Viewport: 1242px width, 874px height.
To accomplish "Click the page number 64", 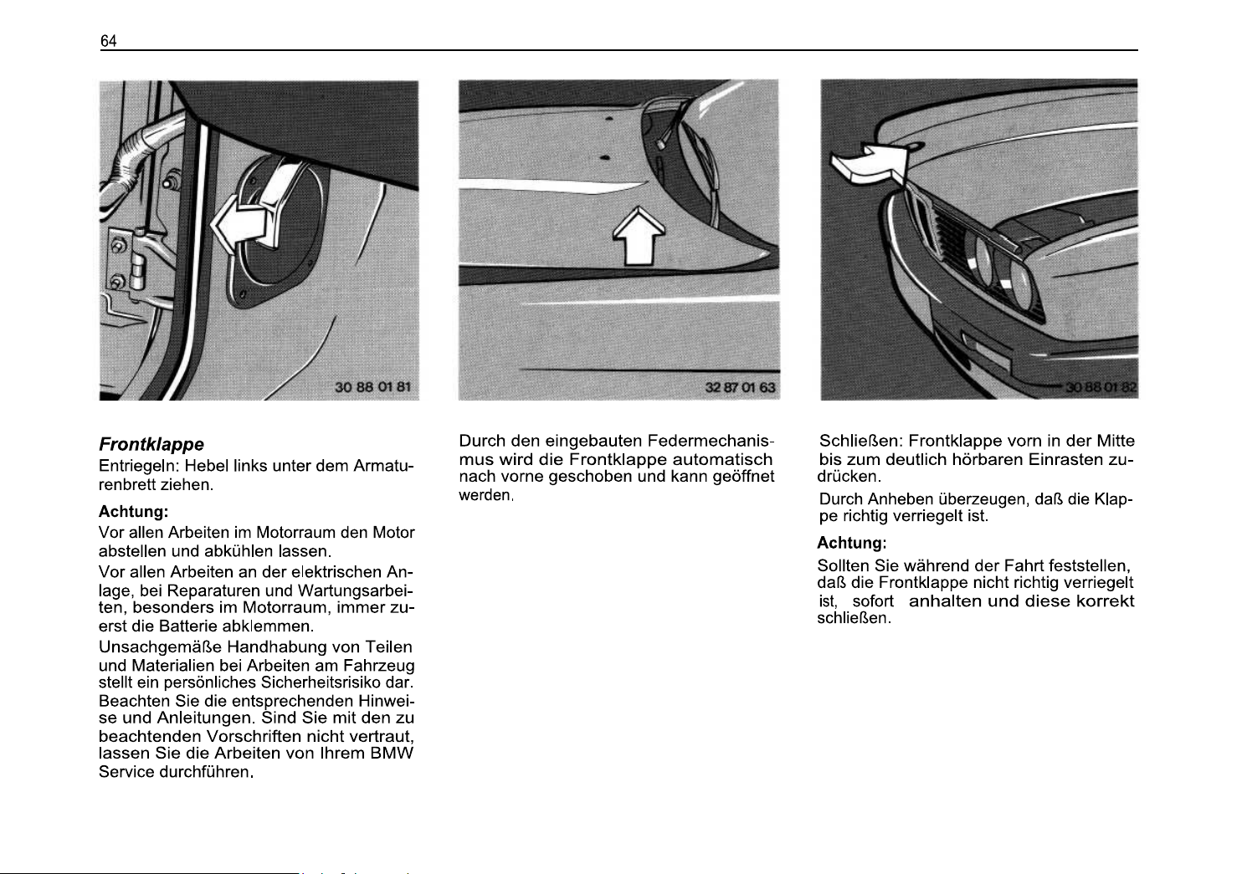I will pos(109,41).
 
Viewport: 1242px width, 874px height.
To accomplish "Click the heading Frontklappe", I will pos(151,444).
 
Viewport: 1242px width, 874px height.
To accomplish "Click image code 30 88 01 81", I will pos(372,387).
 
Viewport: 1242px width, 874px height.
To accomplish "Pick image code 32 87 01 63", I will pos(741,387).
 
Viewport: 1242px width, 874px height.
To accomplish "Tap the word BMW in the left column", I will pos(395,753).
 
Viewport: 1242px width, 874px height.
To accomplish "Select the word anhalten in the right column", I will pos(945,601).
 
